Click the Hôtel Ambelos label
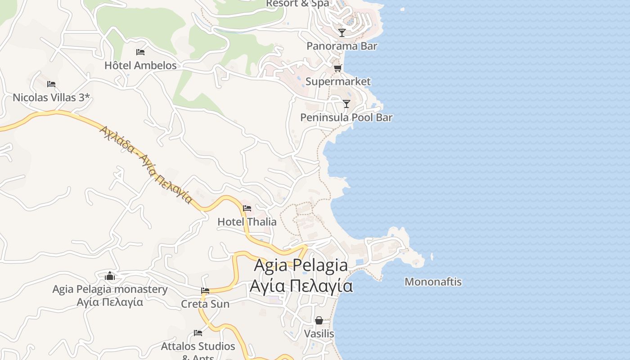click(x=140, y=66)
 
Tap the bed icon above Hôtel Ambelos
click(x=140, y=52)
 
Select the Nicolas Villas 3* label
click(x=51, y=97)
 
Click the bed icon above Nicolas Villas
click(x=51, y=84)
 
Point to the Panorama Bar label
click(x=342, y=46)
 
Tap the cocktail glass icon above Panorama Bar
click(x=342, y=33)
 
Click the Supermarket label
click(x=338, y=81)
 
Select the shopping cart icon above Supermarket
click(x=338, y=68)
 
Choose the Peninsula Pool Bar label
click(x=346, y=117)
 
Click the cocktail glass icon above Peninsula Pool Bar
click(x=346, y=104)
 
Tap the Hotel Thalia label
click(x=247, y=222)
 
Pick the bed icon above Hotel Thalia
click(x=247, y=208)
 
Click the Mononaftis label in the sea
click(x=433, y=282)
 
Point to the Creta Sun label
click(x=205, y=304)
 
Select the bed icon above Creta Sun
click(x=205, y=291)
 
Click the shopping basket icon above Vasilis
click(x=319, y=320)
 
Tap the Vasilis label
click(x=319, y=334)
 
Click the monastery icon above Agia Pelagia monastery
click(x=110, y=276)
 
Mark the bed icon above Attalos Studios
click(x=198, y=333)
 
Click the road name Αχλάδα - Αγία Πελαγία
click(x=146, y=164)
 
